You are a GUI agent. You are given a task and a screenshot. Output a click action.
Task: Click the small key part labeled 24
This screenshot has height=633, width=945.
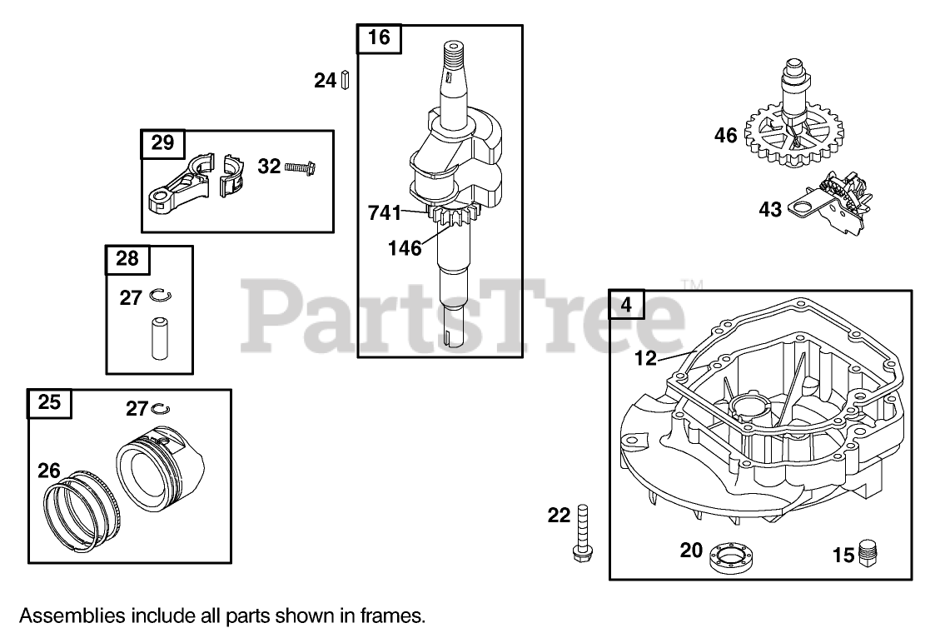[344, 81]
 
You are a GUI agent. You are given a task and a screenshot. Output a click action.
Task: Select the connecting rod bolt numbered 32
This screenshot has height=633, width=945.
[297, 167]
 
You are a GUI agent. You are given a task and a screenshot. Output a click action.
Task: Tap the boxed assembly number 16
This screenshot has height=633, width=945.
[379, 37]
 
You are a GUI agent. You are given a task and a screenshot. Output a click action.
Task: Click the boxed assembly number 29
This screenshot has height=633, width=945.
[163, 143]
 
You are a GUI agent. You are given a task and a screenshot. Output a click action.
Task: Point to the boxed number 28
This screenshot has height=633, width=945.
[127, 259]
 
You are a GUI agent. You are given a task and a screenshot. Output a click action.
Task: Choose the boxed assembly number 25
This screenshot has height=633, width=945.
[50, 403]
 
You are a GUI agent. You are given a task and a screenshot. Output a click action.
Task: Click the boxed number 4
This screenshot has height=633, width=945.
[626, 305]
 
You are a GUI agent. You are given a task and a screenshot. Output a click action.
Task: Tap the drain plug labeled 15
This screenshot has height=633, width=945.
[870, 552]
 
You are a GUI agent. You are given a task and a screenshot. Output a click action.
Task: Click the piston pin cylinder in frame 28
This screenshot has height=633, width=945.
[157, 337]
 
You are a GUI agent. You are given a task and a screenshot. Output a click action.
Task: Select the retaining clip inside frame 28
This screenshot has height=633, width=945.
[158, 295]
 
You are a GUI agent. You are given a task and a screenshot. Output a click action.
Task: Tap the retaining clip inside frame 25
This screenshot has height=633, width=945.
[162, 408]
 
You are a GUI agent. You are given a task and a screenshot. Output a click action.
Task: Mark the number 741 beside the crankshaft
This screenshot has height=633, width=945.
[385, 213]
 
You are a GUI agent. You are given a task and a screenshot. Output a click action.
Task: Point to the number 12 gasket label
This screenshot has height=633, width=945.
[645, 359]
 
